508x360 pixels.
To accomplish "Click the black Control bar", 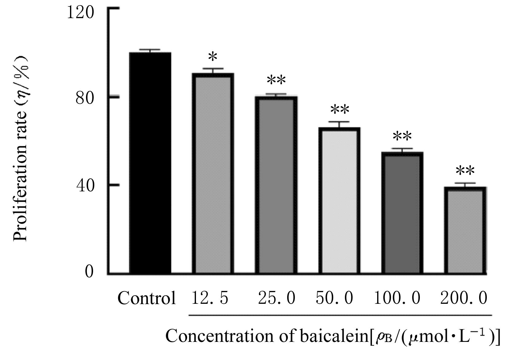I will tap(150, 163).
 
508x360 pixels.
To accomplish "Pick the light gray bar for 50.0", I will tap(339, 201).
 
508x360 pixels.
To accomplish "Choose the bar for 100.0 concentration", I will tap(402, 213).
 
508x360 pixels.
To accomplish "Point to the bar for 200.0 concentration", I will tap(465, 230).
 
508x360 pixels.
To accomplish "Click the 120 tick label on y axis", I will tap(80, 13).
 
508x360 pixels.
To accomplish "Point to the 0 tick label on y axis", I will tap(89, 272).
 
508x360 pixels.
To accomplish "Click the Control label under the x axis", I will tap(147, 298).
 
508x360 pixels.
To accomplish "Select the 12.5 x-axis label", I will tap(210, 298).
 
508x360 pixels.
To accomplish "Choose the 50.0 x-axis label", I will tap(334, 298).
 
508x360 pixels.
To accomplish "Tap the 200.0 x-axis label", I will tap(463, 298).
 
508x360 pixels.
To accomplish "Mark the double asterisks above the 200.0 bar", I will tap(465, 171).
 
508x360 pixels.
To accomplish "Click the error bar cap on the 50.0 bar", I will tap(339, 122).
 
